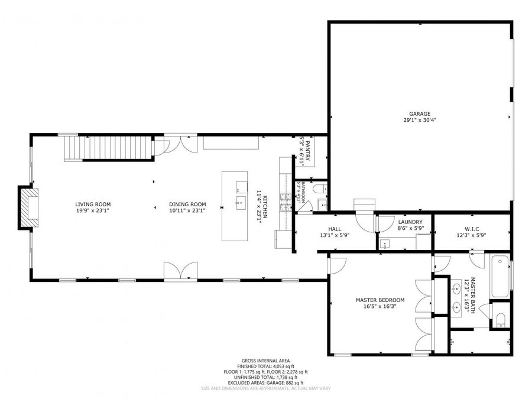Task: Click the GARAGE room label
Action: (420, 114)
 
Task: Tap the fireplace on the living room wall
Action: (27, 207)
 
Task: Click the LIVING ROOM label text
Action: (93, 205)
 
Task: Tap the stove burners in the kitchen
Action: (286, 205)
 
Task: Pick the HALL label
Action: (335, 229)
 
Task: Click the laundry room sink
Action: (387, 243)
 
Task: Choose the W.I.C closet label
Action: (471, 229)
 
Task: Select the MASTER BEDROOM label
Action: (379, 300)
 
